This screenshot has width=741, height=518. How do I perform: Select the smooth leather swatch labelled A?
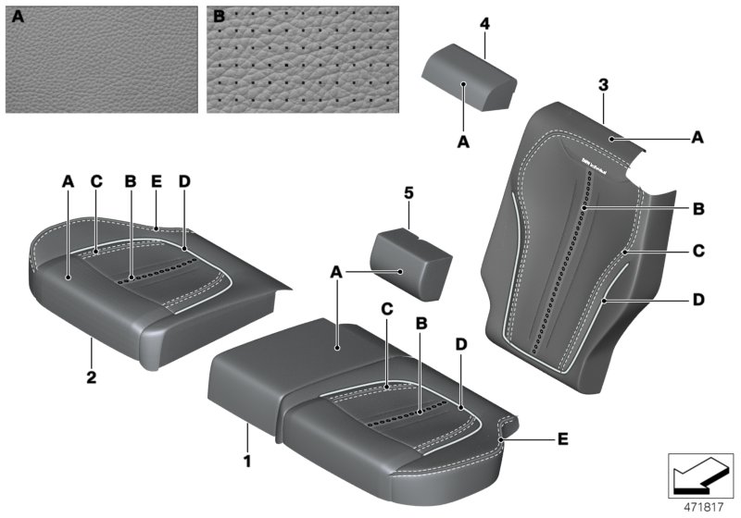click(101, 59)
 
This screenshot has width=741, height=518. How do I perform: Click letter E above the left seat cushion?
click(157, 182)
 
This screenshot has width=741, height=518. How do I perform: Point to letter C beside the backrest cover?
click(699, 250)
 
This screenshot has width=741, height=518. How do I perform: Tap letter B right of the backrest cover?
click(699, 209)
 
